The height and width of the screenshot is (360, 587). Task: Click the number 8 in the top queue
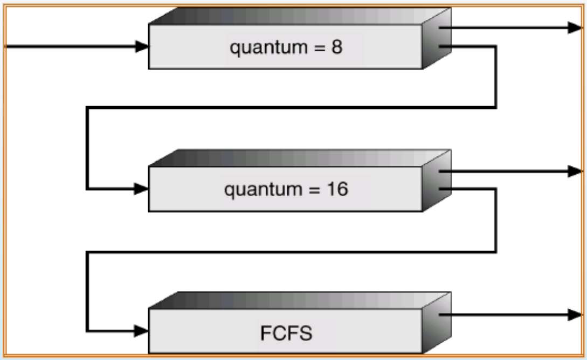[336, 47]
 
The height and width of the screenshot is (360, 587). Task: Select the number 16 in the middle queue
[339, 190]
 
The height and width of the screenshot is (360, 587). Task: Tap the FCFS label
[286, 333]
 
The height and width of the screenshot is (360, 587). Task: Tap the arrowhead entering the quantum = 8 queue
[142, 47]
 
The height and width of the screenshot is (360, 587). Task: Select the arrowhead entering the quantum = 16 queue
[142, 189]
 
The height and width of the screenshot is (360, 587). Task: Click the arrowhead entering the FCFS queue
[142, 330]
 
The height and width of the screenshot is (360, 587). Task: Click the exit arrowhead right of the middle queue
[575, 171]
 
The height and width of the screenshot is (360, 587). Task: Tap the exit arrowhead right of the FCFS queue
[575, 315]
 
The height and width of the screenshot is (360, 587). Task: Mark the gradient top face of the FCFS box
[299, 301]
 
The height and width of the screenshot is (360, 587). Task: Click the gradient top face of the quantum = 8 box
[299, 16]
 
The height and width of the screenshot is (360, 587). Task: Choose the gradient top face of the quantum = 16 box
[299, 158]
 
